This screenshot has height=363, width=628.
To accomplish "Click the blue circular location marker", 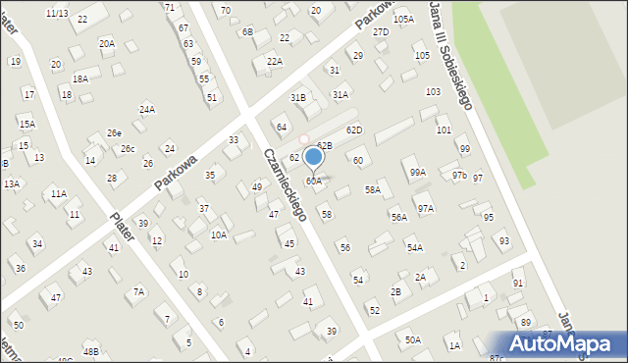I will (x=314, y=156).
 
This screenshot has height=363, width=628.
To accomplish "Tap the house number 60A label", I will (x=313, y=181).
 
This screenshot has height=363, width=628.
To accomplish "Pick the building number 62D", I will (x=354, y=130).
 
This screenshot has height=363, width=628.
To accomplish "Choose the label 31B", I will (x=297, y=98).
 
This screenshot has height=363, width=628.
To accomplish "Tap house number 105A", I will (x=403, y=20).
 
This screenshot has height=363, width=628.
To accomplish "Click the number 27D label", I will (x=381, y=32).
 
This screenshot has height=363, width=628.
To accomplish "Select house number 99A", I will (x=418, y=173).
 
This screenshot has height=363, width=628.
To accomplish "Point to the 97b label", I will (x=459, y=175).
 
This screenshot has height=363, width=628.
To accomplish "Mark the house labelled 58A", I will (x=373, y=190).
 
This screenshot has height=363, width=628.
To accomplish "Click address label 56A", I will (x=399, y=218).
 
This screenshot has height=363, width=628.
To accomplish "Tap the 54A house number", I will (x=415, y=248).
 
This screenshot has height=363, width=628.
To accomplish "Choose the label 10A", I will (x=219, y=235).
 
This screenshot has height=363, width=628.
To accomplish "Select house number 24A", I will (x=147, y=109).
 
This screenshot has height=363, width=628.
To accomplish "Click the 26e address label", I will (x=114, y=132).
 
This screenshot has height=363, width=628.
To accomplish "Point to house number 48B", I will (x=91, y=351).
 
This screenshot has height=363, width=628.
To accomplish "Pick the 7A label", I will (x=139, y=291).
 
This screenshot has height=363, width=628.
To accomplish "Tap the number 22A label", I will (x=275, y=61).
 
